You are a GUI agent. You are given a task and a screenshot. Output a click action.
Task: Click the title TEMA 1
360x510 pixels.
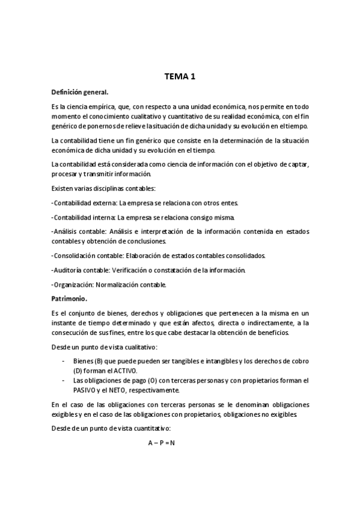(180, 76)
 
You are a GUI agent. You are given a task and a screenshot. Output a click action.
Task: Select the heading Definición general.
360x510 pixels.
(80, 92)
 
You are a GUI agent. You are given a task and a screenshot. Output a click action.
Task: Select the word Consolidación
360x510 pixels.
(75, 255)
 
